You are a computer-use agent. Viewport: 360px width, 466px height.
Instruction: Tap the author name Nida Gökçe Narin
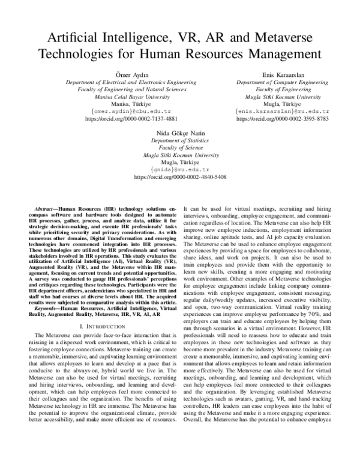pos(179,130)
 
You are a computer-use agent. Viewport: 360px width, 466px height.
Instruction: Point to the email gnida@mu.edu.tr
pos(179,169)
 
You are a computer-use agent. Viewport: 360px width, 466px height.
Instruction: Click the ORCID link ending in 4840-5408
pos(179,177)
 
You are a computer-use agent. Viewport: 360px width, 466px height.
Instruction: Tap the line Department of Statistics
pos(179,138)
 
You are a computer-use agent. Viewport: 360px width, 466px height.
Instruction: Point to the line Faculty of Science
pos(179,145)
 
